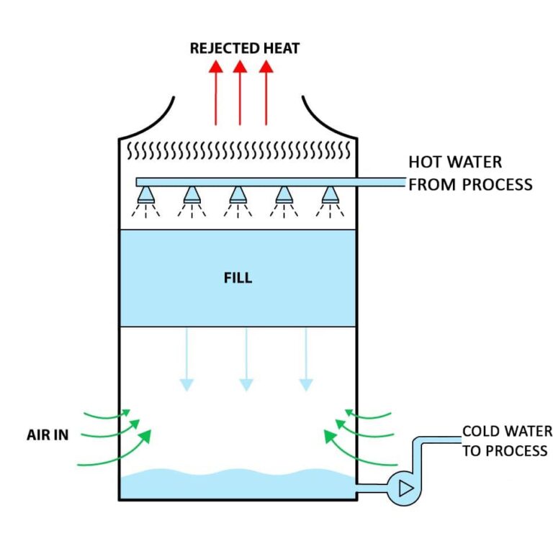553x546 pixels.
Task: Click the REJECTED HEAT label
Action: (244, 48)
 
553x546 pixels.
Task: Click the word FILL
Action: (238, 278)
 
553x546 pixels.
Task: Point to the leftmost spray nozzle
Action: (146, 195)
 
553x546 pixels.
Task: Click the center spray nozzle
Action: (238, 195)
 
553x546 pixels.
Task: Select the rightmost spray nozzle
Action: (329, 195)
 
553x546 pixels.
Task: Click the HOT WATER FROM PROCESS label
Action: (469, 173)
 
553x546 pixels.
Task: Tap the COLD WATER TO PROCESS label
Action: (506, 441)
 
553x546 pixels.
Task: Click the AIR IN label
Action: (48, 435)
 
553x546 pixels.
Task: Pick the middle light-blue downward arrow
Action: (246, 359)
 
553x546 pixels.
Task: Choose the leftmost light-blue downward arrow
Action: (186, 359)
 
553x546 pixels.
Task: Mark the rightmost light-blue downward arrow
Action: (306, 359)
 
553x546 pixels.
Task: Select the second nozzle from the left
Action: (192, 195)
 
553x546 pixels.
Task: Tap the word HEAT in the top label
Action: (276, 48)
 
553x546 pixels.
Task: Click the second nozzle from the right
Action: (284, 195)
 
